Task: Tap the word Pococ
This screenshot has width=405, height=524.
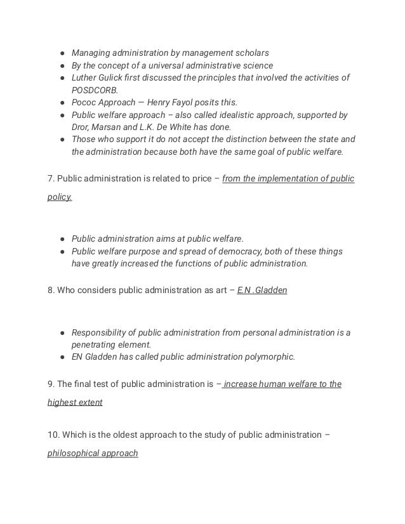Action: click(x=85, y=102)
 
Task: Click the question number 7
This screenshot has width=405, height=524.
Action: click(x=51, y=179)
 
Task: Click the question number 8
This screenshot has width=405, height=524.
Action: click(x=51, y=291)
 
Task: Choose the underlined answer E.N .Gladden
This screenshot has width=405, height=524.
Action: click(x=262, y=291)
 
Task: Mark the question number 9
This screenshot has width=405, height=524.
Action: click(x=51, y=384)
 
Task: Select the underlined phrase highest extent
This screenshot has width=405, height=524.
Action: click(x=75, y=402)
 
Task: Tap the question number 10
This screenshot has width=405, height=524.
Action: click(x=53, y=435)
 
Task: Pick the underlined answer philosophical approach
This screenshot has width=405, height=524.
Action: click(x=93, y=454)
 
